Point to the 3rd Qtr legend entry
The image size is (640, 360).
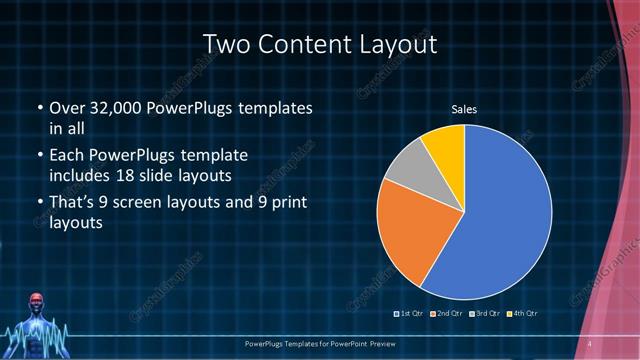point(483,315)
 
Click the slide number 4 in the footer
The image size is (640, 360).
point(590,344)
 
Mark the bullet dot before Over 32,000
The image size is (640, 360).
point(39,108)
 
